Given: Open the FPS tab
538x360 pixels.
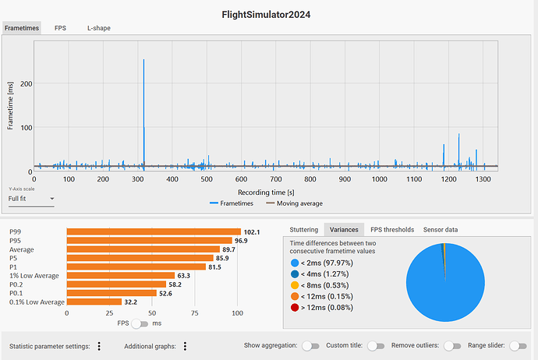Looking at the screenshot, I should point(60,28).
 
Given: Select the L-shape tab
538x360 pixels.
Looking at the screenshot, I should point(98,28).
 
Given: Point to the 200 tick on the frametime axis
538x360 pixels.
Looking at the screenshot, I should point(27,83).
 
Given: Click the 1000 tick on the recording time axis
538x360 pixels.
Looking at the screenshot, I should point(379,179).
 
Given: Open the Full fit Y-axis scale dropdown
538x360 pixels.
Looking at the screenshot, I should point(31,199).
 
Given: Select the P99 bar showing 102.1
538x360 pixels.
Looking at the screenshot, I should point(154,231).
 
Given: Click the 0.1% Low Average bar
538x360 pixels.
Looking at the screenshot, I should point(94,302).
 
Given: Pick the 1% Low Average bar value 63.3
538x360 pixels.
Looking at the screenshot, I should point(186,275).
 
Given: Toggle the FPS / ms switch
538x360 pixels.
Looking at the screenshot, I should point(140,323).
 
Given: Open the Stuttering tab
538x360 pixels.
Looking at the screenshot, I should point(303,230).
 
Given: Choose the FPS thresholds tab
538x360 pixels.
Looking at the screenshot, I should point(391,230).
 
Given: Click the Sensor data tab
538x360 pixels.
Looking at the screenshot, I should point(441,230).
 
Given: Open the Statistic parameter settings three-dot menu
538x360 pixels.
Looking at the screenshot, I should point(99,346).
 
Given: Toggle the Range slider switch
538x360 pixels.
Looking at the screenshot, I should point(517,346).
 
